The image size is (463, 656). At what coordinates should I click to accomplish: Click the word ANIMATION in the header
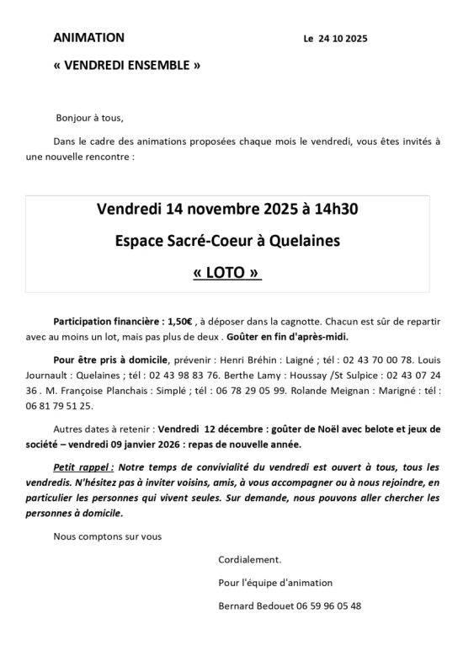coord(88,38)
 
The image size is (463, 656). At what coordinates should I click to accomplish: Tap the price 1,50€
coord(178,321)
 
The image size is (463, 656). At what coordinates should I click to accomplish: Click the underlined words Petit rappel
coord(82,467)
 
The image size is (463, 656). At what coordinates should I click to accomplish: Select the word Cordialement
coord(250,560)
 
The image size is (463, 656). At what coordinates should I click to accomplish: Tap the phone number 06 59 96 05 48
coord(332,605)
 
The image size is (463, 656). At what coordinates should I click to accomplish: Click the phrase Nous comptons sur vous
coord(107,536)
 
